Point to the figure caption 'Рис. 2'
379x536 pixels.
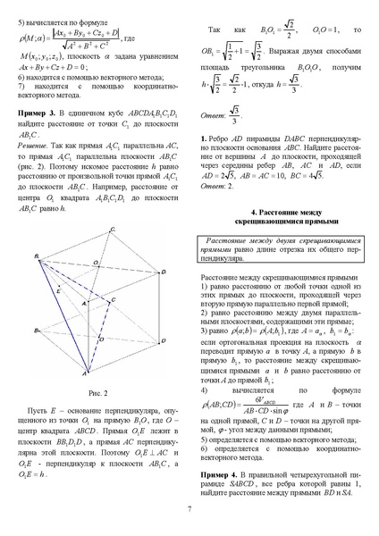click(99, 393)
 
